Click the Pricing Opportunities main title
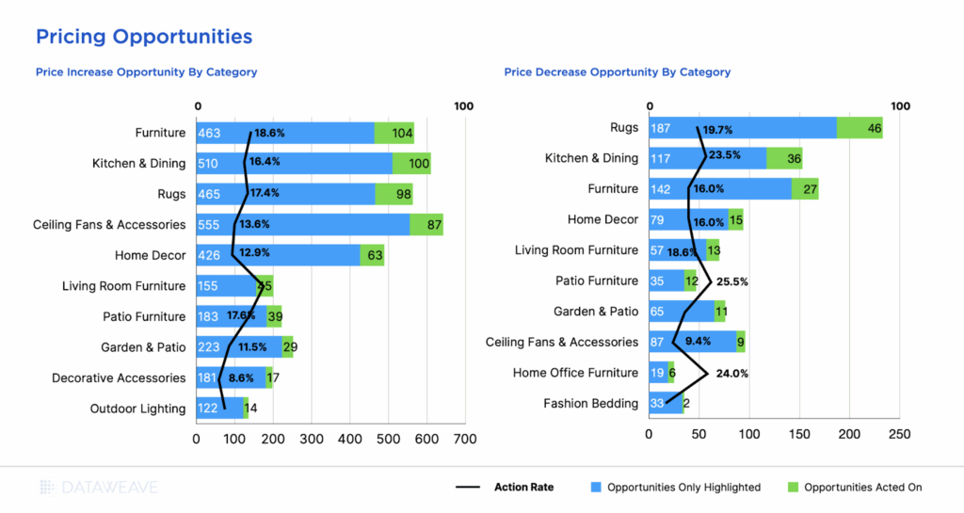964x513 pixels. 144,37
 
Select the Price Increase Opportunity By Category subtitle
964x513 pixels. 146,72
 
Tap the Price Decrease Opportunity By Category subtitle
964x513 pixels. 617,72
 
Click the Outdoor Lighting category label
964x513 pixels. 137,409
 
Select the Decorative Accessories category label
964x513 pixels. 119,377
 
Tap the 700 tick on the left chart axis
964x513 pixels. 464,439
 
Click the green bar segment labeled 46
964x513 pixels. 860,128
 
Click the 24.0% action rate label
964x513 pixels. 731,373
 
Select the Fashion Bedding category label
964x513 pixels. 590,403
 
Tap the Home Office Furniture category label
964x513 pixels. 575,373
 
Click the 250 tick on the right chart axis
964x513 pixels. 899,434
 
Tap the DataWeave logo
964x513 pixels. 99,487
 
